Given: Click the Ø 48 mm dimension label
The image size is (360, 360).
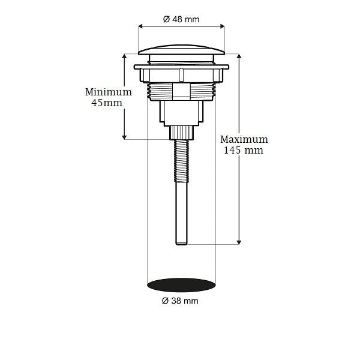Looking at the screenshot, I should click(181, 19).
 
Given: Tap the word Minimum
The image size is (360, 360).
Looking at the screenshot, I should click(108, 92).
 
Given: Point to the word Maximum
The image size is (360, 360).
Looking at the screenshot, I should click(244, 139).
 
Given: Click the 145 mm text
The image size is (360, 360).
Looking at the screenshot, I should click(243, 151).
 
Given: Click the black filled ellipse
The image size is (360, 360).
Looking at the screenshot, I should click(181, 283).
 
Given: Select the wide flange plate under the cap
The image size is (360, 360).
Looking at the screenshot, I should click(182, 65).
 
